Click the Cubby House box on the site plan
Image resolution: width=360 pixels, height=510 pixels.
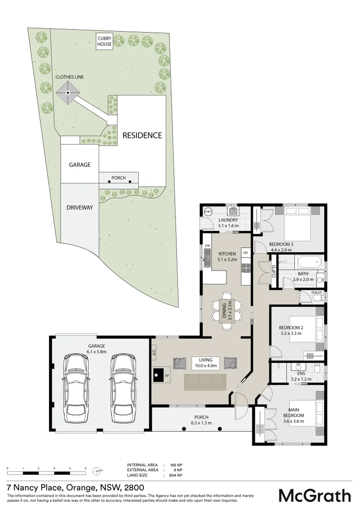[104, 41]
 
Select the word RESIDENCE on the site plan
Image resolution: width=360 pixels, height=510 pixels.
[142, 136]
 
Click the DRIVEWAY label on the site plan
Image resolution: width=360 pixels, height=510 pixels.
[80, 207]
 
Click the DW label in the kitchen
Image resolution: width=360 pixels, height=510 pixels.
[207, 246]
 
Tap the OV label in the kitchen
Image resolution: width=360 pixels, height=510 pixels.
[245, 253]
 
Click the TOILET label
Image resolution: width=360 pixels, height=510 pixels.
[317, 293]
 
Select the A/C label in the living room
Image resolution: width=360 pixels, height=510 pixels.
[154, 352]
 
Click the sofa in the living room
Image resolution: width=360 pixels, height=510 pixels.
[204, 382]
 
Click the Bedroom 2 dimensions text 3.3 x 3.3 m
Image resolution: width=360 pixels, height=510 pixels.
[290, 333]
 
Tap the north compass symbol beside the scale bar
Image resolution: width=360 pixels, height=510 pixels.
[97, 470]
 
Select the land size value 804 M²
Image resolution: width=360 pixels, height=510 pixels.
[176, 476]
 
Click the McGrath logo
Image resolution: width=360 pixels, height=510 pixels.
[315, 495]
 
